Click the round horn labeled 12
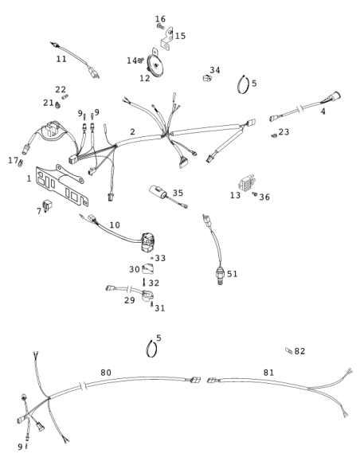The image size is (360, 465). (x=154, y=63)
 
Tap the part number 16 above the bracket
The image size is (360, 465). (x=160, y=19)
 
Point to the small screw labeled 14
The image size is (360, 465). (x=140, y=61)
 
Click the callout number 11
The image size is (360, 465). (x=61, y=59)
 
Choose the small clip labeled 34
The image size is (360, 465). (x=207, y=78)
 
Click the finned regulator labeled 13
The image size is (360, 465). (x=247, y=183)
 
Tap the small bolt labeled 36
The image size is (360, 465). (x=254, y=194)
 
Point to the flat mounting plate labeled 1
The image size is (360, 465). (x=62, y=185)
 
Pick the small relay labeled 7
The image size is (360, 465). (x=47, y=205)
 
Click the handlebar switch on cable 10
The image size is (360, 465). (x=148, y=243)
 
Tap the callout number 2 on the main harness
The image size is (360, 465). (x=132, y=131)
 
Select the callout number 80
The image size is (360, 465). (x=106, y=373)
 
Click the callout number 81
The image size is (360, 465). (x=268, y=373)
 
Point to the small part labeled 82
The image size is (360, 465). (x=289, y=351)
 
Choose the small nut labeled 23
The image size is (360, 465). (x=274, y=135)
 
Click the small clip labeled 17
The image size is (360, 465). (x=20, y=162)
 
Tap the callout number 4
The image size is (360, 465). (x=323, y=111)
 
